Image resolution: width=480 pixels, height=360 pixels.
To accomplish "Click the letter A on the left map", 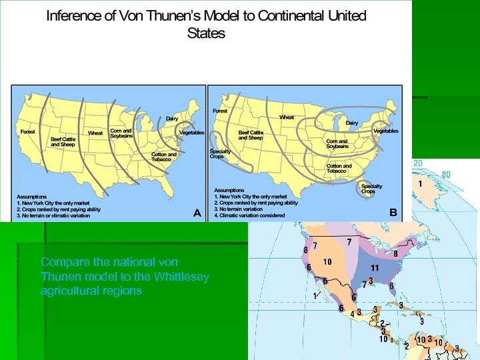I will click(197, 213).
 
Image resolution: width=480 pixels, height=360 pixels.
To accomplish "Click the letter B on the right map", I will click(393, 212).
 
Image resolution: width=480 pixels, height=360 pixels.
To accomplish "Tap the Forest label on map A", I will click(28, 131).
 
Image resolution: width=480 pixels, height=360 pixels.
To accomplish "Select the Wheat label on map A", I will click(95, 133).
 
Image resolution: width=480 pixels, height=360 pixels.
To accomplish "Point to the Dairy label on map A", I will click(172, 118).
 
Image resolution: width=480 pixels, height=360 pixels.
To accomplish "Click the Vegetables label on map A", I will click(192, 133).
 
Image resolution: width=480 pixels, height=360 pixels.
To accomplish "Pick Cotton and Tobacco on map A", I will click(164, 157).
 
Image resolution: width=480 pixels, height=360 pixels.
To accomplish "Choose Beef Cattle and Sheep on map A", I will click(64, 141).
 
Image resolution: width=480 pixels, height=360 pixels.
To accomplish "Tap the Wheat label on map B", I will click(287, 117).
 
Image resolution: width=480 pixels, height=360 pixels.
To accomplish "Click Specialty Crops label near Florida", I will click(372, 189).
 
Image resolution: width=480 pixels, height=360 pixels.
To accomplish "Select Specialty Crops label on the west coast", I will click(221, 154).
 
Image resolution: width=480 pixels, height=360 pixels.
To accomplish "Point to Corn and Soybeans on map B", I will click(337, 143).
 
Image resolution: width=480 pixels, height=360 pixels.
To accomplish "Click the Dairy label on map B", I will click(351, 123).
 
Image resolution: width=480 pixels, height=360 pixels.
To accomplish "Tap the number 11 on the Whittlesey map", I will click(375, 267).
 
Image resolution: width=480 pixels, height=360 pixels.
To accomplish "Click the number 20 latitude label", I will click(417, 164).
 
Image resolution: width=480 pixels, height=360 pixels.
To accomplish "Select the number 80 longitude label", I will click(446, 175).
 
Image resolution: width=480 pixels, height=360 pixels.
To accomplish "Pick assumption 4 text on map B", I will click(249, 215).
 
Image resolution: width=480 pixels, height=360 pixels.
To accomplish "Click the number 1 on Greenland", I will click(421, 182).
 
